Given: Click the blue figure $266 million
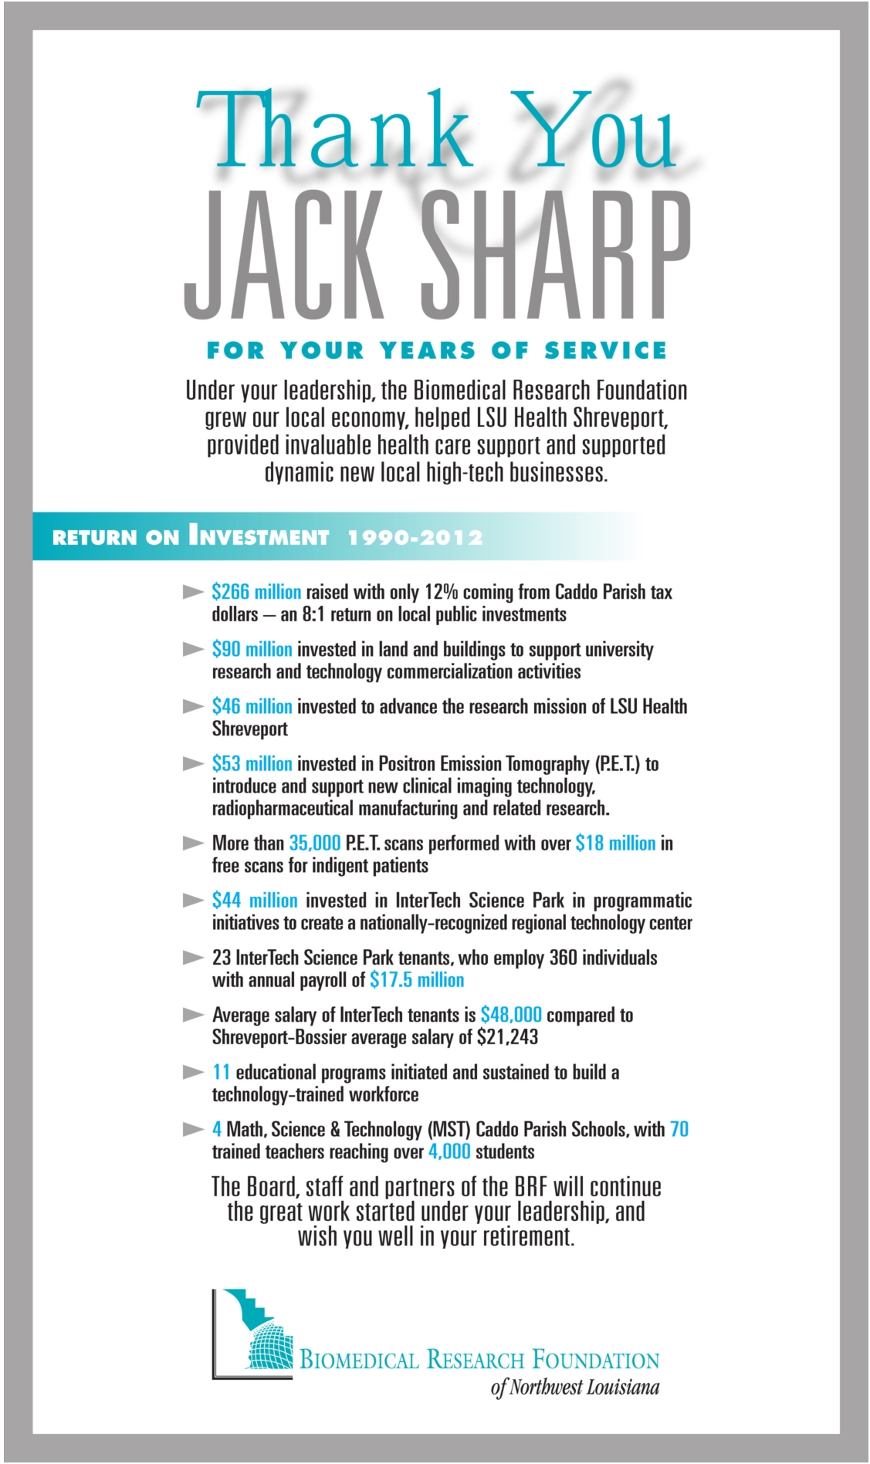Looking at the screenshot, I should (256, 592).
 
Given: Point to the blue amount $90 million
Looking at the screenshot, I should (252, 649).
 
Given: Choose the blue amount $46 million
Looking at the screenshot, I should (252, 706).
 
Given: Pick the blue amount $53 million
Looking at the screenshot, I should (252, 764).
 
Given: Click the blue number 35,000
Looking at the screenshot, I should (315, 844).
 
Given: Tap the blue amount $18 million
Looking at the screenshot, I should (615, 844).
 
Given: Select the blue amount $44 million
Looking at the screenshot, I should (255, 901).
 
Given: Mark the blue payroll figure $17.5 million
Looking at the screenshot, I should (417, 980).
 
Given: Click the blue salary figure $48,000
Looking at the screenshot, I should (510, 1015).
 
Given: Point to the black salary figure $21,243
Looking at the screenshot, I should (507, 1037).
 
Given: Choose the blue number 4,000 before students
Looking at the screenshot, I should (449, 1152).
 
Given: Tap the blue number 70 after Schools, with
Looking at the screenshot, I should (679, 1130).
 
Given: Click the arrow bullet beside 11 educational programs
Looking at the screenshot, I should (193, 1073).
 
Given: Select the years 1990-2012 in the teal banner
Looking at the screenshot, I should (415, 537).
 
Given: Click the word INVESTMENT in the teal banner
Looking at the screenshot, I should (259, 536).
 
